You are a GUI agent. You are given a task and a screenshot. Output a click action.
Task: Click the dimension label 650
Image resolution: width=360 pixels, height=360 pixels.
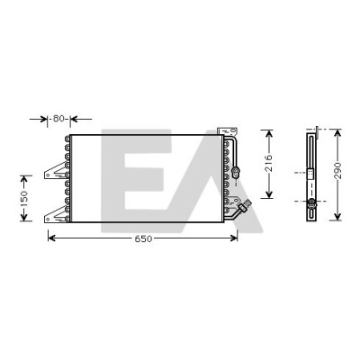coord(143,238)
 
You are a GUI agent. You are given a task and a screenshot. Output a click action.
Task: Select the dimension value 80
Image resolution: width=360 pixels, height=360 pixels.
coord(58,119)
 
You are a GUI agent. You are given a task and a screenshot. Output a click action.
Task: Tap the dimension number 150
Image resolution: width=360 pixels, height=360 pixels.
coord(24,198)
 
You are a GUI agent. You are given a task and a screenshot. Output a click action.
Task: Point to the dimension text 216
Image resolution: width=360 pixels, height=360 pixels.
coord(269,163)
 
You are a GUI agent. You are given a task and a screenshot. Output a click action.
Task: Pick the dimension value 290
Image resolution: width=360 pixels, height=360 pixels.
coord(337,171)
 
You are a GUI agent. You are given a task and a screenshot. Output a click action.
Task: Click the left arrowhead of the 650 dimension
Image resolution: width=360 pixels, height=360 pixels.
coord(51,238)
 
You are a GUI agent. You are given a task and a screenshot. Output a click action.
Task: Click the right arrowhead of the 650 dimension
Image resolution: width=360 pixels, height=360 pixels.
coord(234,238)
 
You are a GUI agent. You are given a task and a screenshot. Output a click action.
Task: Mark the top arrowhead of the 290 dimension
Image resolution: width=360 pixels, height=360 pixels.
coord(337,133)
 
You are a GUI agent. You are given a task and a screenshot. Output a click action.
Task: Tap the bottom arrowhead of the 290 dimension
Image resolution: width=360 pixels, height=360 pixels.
coord(337,216)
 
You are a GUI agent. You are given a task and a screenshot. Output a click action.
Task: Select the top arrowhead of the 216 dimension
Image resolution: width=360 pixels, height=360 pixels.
coord(269,134)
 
